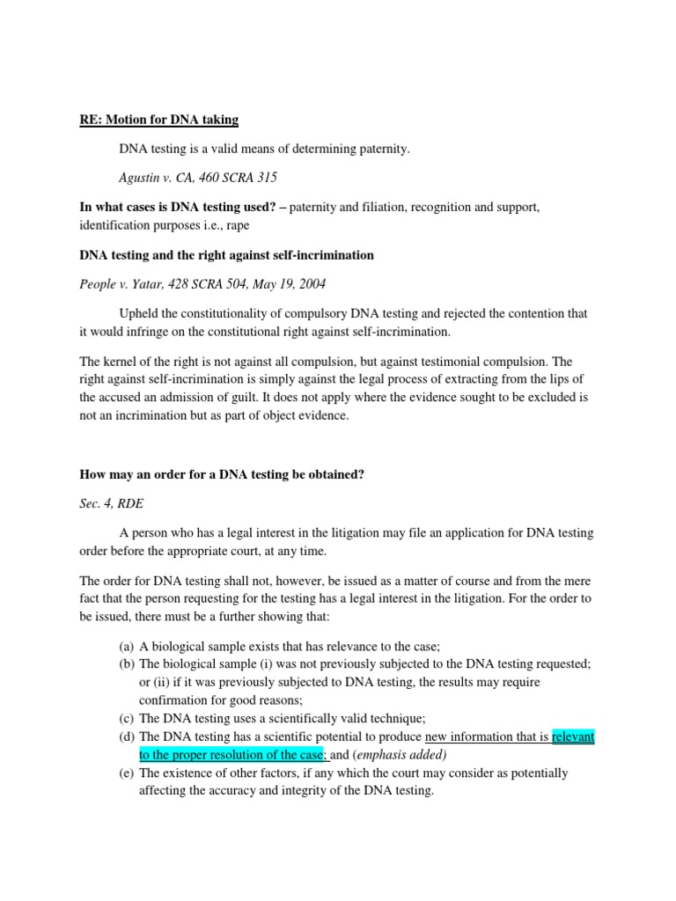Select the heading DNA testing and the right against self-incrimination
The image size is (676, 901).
pyautogui.click(x=226, y=255)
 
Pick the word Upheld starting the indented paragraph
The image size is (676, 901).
pyautogui.click(x=139, y=314)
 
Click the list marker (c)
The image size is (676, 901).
pyautogui.click(x=127, y=718)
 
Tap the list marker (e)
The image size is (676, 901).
pyautogui.click(x=127, y=773)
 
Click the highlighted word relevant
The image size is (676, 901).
pyautogui.click(x=573, y=736)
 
